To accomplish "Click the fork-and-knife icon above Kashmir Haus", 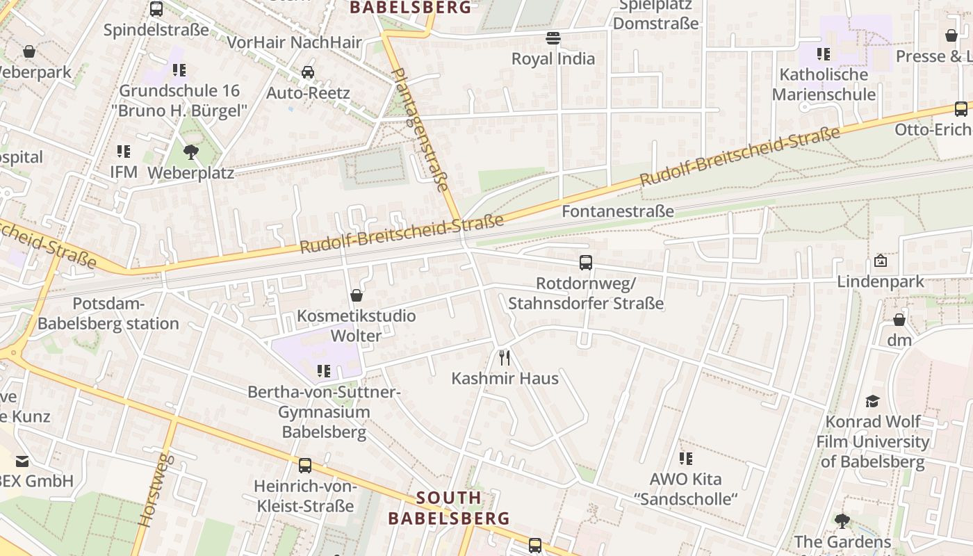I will coord(505,358).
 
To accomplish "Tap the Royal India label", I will coord(553,58).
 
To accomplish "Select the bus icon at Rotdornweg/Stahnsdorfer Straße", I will coord(586,263).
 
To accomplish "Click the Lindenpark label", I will coord(881,281).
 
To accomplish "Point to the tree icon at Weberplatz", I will coord(190,152).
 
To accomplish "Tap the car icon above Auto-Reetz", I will coord(307,72).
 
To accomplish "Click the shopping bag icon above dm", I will coord(899,320).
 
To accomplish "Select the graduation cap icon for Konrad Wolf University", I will coord(872,401).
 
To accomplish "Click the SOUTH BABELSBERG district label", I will coord(449,508).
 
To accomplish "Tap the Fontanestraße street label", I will coord(617,211).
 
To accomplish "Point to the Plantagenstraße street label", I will coord(420,129).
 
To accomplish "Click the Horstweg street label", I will coord(155,489).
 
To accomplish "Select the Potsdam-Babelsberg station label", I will coord(108,313).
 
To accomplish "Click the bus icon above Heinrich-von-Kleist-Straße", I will coord(304,466).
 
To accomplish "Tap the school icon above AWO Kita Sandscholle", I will coord(685,459).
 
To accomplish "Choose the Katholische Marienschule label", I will coord(824,84).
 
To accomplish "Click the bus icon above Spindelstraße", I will coord(156,10).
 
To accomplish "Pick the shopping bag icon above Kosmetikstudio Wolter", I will coord(357,295).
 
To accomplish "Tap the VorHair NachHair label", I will coord(294,42).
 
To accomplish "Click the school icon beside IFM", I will coord(124,152).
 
